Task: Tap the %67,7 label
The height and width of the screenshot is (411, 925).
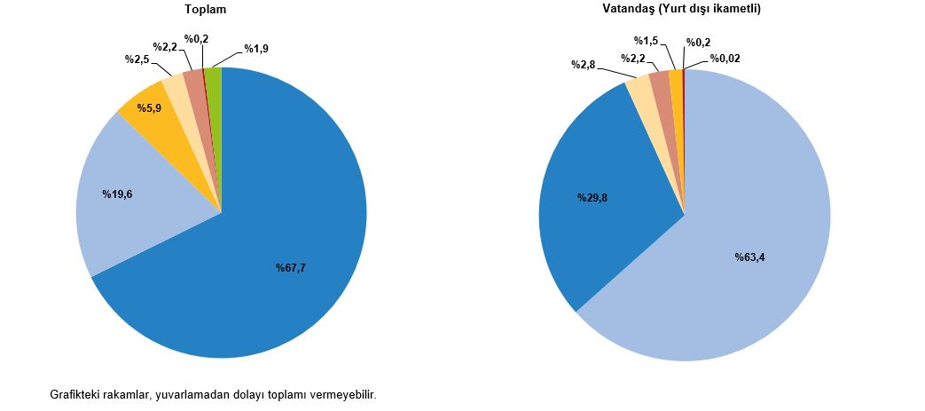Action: coord(291,268)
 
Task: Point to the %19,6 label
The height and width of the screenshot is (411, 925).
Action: coord(116,194)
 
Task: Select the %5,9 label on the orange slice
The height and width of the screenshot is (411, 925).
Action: coord(149,107)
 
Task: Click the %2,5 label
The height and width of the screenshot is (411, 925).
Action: coord(137,59)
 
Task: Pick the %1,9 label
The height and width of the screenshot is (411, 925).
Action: coord(256,49)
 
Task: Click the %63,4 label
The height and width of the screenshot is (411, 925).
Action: coord(749,257)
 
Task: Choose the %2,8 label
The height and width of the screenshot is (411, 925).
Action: coord(583,65)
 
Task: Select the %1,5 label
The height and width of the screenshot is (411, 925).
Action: coord(646,41)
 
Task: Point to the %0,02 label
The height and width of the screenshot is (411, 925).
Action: coord(725,59)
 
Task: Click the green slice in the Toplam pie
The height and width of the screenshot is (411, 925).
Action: coord(215,80)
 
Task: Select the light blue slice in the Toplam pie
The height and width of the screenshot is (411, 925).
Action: coord(115,222)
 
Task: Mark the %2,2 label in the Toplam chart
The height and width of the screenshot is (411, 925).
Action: coord(166,47)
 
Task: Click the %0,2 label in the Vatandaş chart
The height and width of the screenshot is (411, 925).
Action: coord(698,41)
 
